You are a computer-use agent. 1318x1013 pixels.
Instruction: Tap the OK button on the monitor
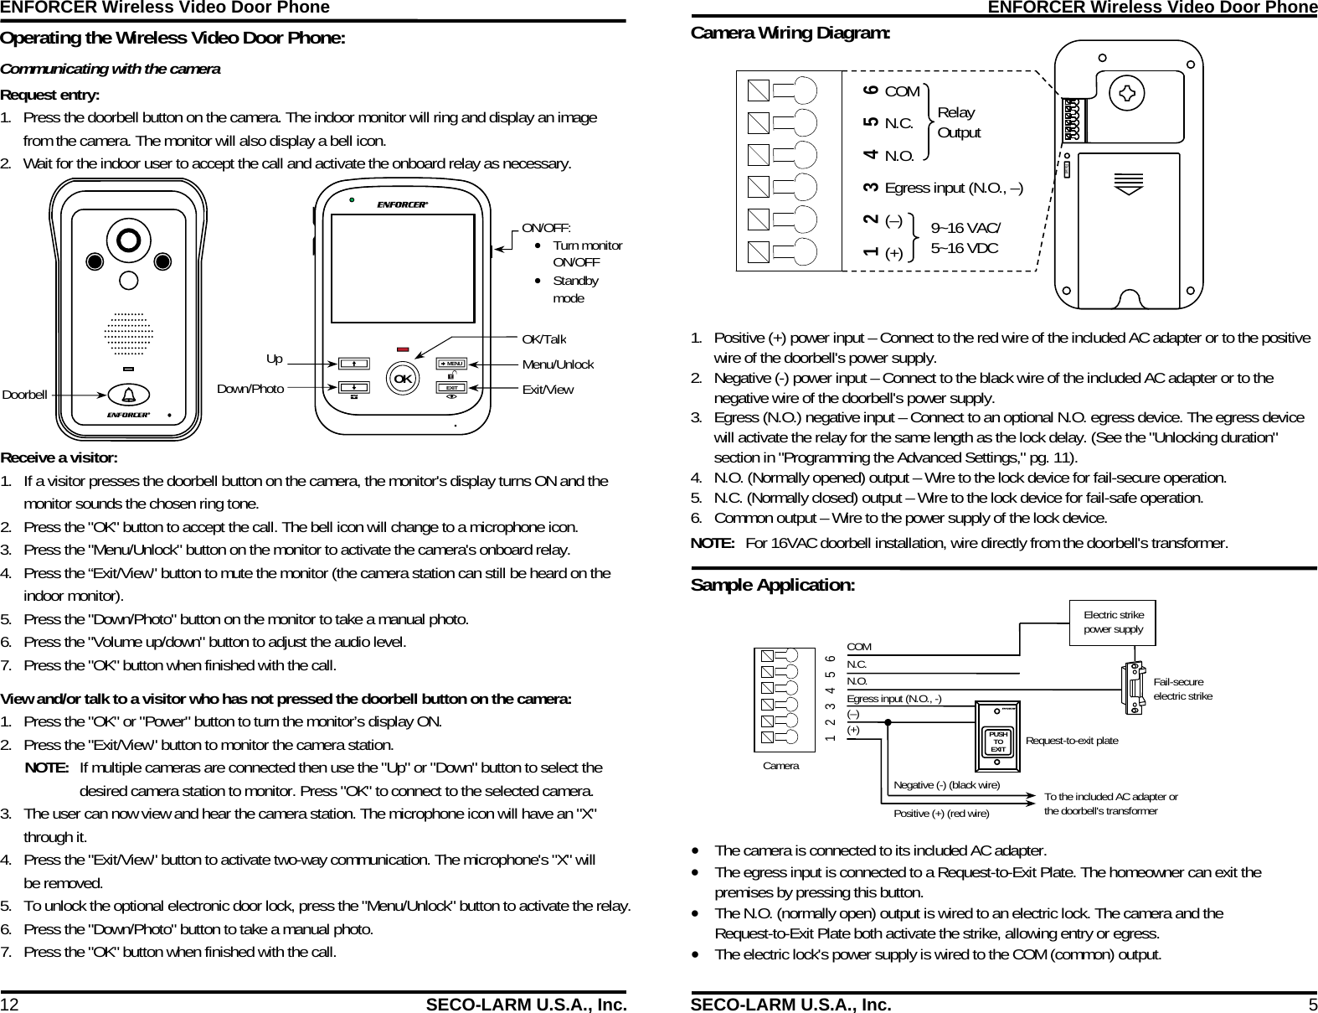tap(403, 379)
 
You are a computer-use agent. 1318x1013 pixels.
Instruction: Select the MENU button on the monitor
tap(452, 364)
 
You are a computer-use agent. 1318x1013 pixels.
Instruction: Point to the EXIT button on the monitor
tap(452, 388)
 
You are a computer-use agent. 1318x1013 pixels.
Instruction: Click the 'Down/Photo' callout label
tap(250, 389)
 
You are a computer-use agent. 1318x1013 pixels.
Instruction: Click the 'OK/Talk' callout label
tap(543, 339)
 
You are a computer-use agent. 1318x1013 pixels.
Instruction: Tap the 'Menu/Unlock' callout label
tap(558, 364)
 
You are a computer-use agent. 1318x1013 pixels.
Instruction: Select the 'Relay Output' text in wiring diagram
tap(958, 122)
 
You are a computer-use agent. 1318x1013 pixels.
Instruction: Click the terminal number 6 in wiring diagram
tap(872, 90)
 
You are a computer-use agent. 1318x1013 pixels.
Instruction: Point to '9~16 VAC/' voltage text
tap(965, 228)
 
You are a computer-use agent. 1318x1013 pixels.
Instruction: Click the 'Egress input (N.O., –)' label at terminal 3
tap(953, 187)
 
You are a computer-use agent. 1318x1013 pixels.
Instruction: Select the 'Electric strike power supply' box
tap(1113, 623)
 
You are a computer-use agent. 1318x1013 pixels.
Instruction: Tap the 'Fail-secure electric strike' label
tap(1182, 690)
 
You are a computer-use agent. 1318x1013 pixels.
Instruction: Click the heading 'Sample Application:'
tap(772, 585)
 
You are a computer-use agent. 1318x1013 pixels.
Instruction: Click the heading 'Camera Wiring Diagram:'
tap(790, 34)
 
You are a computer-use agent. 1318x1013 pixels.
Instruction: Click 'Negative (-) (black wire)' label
tap(946, 785)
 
